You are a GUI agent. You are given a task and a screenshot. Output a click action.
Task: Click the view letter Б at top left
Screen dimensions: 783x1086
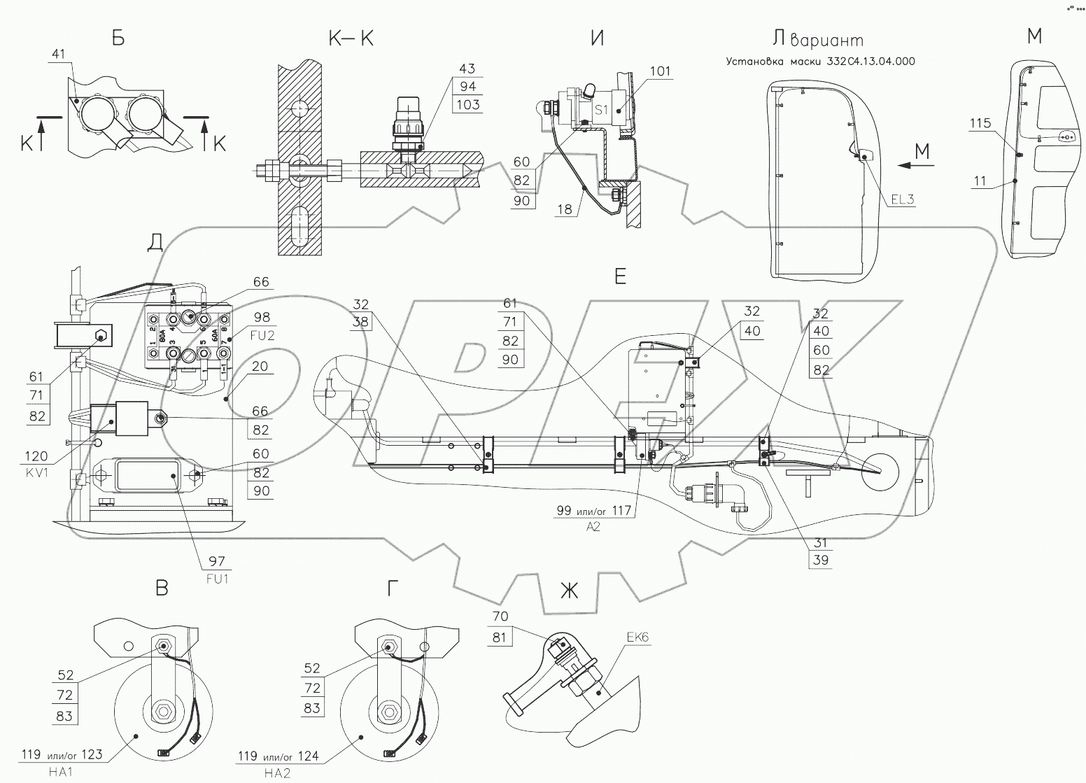[x=118, y=38]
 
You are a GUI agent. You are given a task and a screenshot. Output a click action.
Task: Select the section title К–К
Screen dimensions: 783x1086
[x=350, y=38]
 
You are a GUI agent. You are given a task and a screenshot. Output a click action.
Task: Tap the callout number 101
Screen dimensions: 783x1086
[x=659, y=71]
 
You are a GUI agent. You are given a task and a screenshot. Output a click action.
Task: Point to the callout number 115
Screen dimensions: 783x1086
[x=980, y=123]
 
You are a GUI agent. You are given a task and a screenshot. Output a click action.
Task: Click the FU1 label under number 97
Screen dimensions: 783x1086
[x=217, y=579]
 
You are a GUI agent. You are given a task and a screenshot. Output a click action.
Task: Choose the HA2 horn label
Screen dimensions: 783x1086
[x=274, y=773]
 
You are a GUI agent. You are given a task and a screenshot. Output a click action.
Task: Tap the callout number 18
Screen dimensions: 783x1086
[x=566, y=209]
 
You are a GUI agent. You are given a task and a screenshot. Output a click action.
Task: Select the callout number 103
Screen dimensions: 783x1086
[x=467, y=105]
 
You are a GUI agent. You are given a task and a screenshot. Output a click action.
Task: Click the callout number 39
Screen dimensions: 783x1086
[x=821, y=560]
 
